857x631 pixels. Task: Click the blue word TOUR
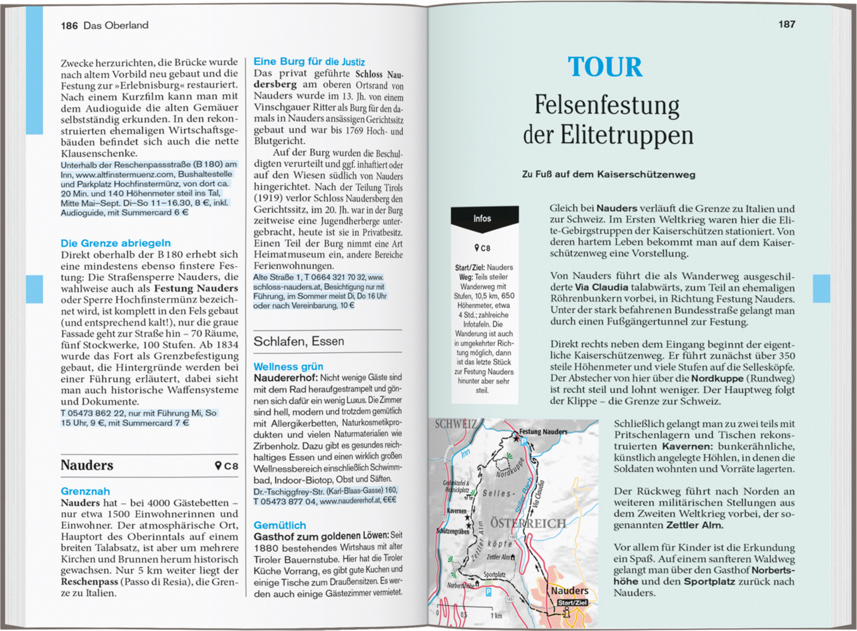[604, 67]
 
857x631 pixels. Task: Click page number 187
[786, 24]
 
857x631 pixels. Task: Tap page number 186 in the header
[69, 25]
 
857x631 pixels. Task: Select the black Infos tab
[483, 218]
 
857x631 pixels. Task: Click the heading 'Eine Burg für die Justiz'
[309, 61]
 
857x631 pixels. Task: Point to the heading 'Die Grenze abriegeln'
[116, 243]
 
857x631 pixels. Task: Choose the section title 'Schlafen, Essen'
[299, 341]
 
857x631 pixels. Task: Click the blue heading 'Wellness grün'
[288, 367]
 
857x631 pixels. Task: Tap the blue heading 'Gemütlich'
[280, 525]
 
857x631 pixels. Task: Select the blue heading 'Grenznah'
[85, 491]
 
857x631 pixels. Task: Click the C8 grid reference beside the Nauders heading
[227, 466]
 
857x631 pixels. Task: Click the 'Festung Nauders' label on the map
[543, 432]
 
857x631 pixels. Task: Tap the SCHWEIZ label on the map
[455, 424]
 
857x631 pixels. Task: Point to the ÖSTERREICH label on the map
[528, 523]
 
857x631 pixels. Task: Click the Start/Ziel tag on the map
[572, 603]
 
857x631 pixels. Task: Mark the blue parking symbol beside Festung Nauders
[524, 442]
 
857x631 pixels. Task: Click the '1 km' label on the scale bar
[496, 615]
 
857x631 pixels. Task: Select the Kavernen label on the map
[457, 510]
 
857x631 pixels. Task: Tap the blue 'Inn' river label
[465, 453]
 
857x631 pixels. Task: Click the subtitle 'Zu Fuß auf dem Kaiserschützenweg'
[608, 174]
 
